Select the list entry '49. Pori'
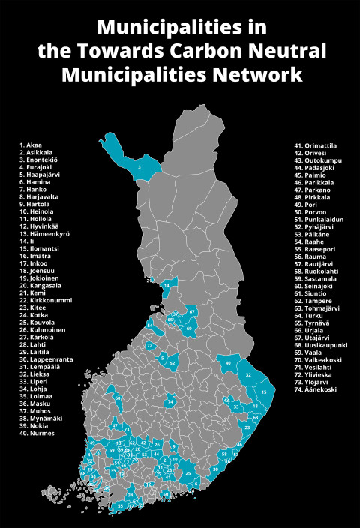coord(307,203)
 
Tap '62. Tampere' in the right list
coord(312,301)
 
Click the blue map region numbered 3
coord(139,166)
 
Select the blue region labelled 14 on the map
coord(166,286)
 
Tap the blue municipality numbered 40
coord(227,363)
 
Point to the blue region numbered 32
coord(248,373)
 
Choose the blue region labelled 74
coord(171,402)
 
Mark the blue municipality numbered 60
coord(118,398)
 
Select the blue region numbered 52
coord(172,363)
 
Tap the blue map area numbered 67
coord(192,311)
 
